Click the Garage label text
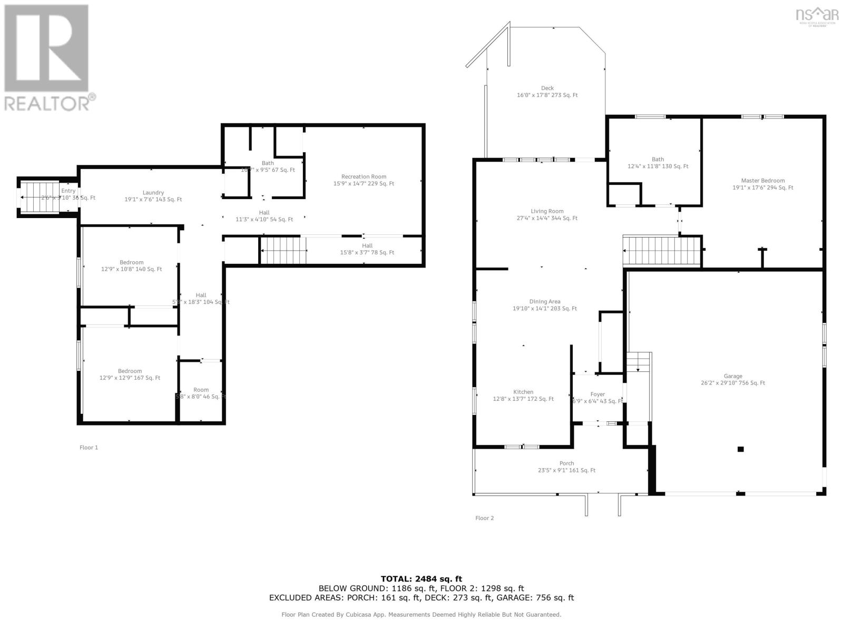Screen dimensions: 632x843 pyautogui.click(x=732, y=376)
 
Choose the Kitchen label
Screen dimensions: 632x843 pyautogui.click(x=523, y=392)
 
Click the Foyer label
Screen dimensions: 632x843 pyautogui.click(x=597, y=394)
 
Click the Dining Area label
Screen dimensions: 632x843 pyautogui.click(x=545, y=302)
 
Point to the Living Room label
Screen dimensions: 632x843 pyautogui.click(x=547, y=211)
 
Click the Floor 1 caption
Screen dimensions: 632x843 pyautogui.click(x=89, y=448)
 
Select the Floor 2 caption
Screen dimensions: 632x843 pyautogui.click(x=484, y=518)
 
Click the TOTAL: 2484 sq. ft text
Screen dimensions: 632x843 pyautogui.click(x=421, y=579)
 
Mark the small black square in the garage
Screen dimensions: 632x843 pyautogui.click(x=740, y=449)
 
